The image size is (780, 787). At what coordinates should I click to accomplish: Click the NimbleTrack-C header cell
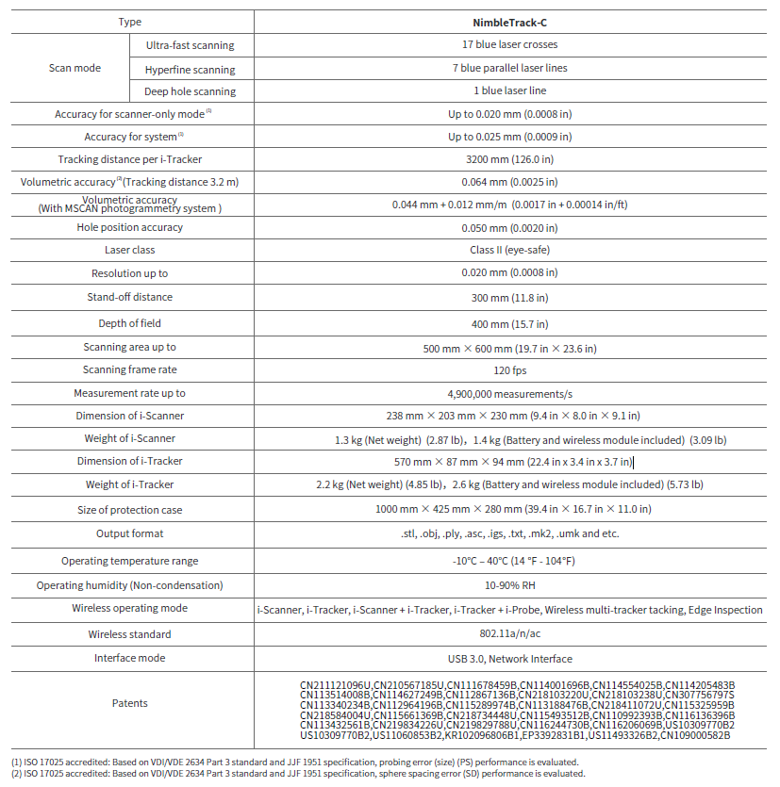point(509,21)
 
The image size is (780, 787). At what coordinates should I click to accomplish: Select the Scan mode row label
point(75,68)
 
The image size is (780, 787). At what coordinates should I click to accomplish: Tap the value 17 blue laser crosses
point(509,44)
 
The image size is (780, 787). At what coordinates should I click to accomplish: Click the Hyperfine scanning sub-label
point(190,70)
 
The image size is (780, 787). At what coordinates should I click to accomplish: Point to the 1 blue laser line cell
point(509,90)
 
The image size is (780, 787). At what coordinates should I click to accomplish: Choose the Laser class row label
point(130,250)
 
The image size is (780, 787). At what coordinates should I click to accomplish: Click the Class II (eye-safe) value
point(509,250)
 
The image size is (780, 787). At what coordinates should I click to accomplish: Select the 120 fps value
point(509,370)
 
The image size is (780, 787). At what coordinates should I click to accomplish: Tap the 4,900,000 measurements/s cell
point(509,393)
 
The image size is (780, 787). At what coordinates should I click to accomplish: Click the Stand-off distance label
point(130,297)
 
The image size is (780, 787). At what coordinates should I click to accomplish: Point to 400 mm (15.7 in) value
point(509,323)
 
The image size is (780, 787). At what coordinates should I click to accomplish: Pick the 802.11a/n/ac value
point(509,634)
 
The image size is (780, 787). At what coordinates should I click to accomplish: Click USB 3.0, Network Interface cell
point(509,659)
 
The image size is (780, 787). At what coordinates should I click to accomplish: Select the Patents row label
point(130,703)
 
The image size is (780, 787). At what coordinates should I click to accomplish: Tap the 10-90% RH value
point(509,584)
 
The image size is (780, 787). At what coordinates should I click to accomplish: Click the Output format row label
point(130,533)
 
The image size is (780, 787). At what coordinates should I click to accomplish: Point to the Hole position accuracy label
point(130,227)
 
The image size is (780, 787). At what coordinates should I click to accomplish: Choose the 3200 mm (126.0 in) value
point(509,159)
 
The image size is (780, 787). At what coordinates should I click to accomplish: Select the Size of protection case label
point(130,510)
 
